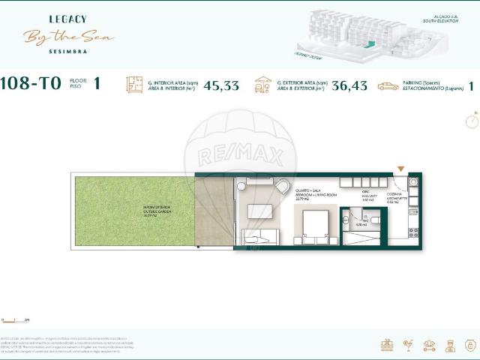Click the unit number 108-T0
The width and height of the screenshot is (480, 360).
(31, 85)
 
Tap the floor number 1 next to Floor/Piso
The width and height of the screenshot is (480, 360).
(97, 84)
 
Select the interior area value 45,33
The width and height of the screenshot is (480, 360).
(221, 85)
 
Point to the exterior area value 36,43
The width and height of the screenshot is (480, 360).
(349, 85)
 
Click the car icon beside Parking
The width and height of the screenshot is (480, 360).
(388, 86)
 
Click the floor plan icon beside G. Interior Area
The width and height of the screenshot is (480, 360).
(134, 85)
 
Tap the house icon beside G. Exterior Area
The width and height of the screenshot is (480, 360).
(263, 85)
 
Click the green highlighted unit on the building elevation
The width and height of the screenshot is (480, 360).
(367, 45)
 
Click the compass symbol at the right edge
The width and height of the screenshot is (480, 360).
(472, 120)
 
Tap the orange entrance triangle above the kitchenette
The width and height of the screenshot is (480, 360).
(400, 169)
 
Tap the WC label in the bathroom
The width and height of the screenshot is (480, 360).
(361, 223)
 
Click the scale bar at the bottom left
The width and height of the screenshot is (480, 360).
(15, 320)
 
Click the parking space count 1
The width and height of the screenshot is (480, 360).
(471, 85)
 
